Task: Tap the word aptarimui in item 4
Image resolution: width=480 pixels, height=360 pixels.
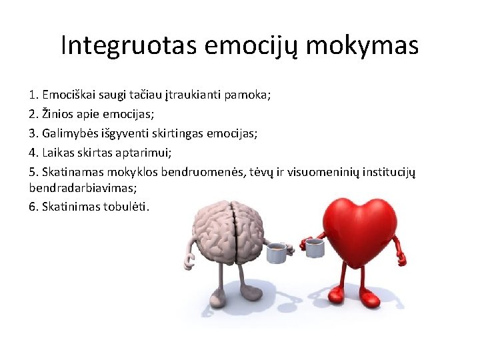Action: [146, 153]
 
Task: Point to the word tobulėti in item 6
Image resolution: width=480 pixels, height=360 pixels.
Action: [127, 206]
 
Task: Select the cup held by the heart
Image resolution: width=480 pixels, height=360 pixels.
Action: [314, 248]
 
